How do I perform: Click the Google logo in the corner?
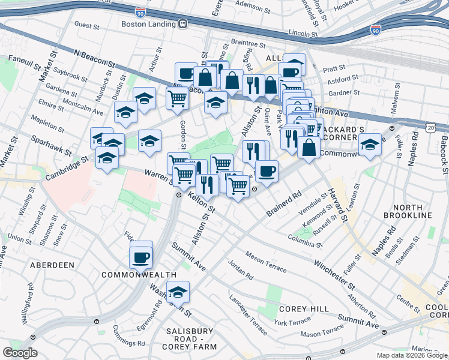(x=20, y=353)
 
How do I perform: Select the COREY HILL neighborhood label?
(x=304, y=308)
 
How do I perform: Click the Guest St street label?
(x=86, y=25)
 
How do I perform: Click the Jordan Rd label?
(x=240, y=270)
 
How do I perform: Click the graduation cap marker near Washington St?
(x=178, y=293)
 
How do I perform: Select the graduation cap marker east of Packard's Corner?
(x=370, y=145)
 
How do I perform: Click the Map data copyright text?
(x=412, y=355)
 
